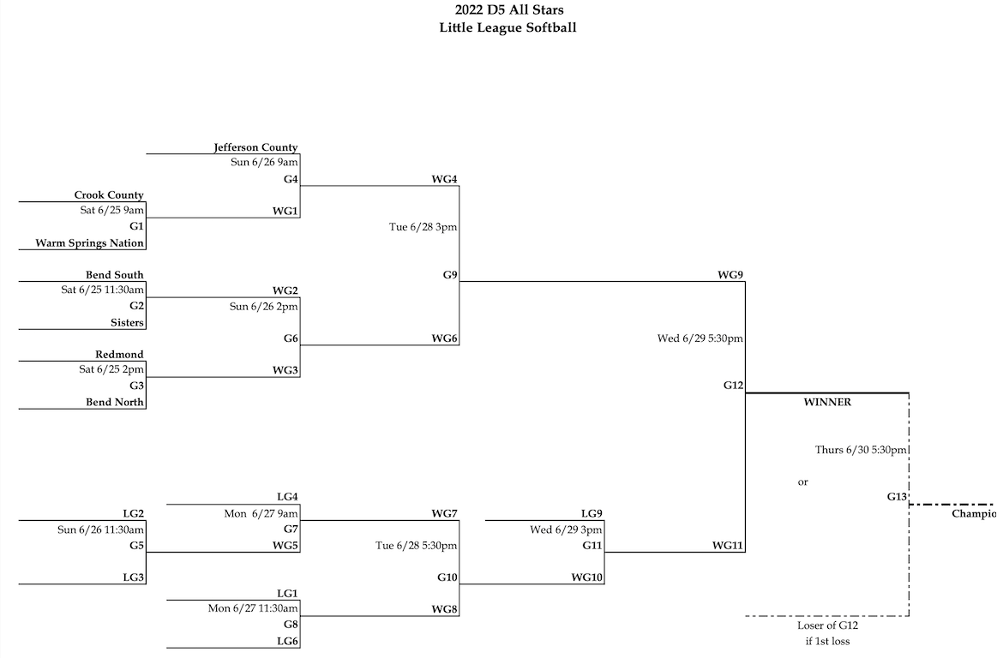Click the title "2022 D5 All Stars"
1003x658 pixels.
pyautogui.click(x=508, y=10)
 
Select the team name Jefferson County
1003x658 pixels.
pyautogui.click(x=255, y=147)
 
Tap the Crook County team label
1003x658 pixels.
pyautogui.click(x=108, y=195)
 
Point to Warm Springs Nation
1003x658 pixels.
pyautogui.click(x=89, y=243)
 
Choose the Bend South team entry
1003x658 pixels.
pyautogui.click(x=114, y=275)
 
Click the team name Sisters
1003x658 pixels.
pyautogui.click(x=127, y=323)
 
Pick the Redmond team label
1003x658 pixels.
pyautogui.click(x=119, y=355)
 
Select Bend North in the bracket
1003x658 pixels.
pyautogui.click(x=114, y=403)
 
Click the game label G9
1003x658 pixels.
pyautogui.click(x=450, y=275)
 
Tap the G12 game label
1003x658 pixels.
pyautogui.click(x=733, y=386)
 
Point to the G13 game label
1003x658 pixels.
pyautogui.click(x=897, y=496)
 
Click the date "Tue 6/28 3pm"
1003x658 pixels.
pyautogui.click(x=423, y=227)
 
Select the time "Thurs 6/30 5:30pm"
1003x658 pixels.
pyautogui.click(x=861, y=449)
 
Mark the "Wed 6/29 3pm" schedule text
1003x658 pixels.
pyautogui.click(x=566, y=529)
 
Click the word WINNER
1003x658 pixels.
pyautogui.click(x=826, y=403)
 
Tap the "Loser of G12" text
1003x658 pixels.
pyautogui.click(x=827, y=625)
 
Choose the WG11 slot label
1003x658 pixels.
pyautogui.click(x=728, y=545)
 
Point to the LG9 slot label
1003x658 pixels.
pyautogui.click(x=592, y=513)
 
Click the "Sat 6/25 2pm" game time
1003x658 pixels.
pyautogui.click(x=111, y=370)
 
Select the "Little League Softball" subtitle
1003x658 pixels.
pyautogui.click(x=508, y=27)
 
